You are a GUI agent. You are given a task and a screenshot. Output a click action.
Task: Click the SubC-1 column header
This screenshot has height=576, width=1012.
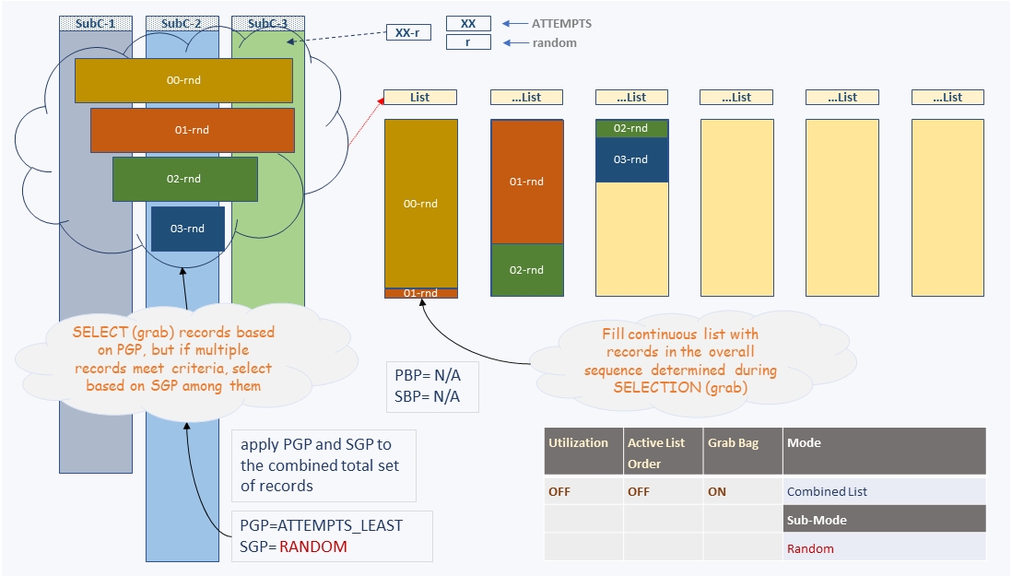[x=96, y=24]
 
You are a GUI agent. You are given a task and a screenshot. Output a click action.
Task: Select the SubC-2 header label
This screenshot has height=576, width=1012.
[x=182, y=24]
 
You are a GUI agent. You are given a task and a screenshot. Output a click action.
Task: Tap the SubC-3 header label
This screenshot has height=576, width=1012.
[x=268, y=24]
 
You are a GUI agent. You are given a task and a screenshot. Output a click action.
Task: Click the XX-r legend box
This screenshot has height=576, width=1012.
[x=408, y=32]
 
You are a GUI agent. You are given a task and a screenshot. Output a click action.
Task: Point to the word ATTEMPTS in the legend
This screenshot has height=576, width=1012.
[x=561, y=23]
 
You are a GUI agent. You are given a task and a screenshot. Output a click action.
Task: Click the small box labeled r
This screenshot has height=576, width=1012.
[x=468, y=41]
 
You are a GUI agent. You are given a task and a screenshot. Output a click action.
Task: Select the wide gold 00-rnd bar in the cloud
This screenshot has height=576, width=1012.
[x=184, y=80]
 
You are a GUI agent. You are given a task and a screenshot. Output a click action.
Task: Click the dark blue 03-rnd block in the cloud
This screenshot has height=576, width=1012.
[x=188, y=229]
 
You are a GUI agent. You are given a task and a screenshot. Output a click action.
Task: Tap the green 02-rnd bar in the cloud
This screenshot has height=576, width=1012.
[x=185, y=179]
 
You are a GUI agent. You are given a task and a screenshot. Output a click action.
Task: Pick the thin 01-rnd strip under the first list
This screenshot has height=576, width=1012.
[x=421, y=293]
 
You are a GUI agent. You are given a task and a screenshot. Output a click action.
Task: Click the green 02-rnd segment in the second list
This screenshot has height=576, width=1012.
[x=527, y=270]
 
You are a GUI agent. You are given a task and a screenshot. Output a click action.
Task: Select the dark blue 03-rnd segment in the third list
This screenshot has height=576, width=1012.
[x=632, y=159]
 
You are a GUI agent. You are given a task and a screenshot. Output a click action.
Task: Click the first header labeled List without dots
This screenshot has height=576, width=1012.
[x=420, y=98]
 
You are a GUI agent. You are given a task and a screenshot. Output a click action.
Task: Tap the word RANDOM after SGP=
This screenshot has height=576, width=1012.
[x=313, y=547]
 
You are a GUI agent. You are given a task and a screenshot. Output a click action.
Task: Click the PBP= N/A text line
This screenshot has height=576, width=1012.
[x=428, y=375]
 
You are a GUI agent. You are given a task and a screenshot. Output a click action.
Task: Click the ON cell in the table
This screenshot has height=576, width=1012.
[x=717, y=491]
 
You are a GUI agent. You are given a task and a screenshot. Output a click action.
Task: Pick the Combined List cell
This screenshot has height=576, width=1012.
[x=827, y=491]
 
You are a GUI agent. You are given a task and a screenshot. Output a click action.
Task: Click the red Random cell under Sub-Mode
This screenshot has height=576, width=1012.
[x=810, y=548]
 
